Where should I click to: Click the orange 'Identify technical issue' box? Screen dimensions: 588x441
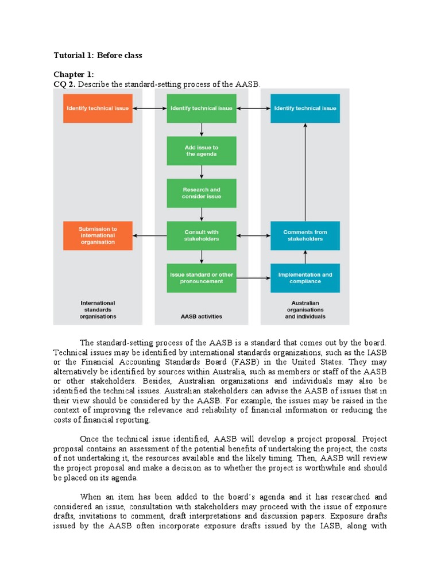[x=98, y=108]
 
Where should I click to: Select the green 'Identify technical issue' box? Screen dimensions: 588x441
[x=201, y=108]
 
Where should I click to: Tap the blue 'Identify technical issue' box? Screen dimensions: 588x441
[x=305, y=108]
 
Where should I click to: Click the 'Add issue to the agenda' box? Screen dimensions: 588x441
[x=201, y=150]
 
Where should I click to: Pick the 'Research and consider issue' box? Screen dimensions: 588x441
[x=201, y=193]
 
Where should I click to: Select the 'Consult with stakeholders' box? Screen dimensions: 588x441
[x=201, y=235]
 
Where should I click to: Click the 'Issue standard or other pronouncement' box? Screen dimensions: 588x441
[x=201, y=278]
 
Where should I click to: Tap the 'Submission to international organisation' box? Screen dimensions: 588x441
[x=98, y=235]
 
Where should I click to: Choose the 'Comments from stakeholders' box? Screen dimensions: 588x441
[x=305, y=235]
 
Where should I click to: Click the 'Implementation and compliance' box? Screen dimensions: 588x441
[x=305, y=278]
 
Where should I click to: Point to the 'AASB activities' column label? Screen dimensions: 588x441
[x=201, y=316]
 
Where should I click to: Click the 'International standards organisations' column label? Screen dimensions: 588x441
[x=98, y=310]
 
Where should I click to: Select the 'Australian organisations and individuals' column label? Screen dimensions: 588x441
[x=305, y=310]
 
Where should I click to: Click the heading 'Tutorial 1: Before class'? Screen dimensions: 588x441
[x=98, y=56]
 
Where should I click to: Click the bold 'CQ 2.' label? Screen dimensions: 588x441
[x=65, y=84]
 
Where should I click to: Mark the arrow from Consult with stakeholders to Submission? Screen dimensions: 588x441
[x=149, y=235]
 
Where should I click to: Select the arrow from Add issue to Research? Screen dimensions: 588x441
[x=201, y=172]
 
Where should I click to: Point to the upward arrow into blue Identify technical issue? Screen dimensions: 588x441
[x=305, y=172]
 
